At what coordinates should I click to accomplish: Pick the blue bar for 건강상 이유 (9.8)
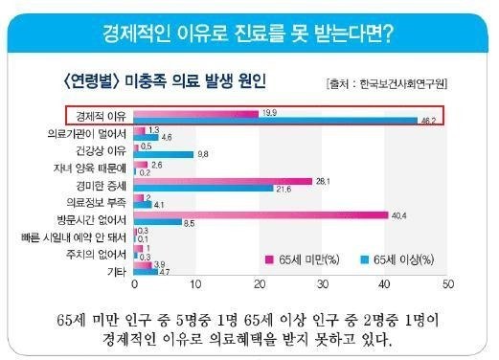(x=164, y=153)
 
